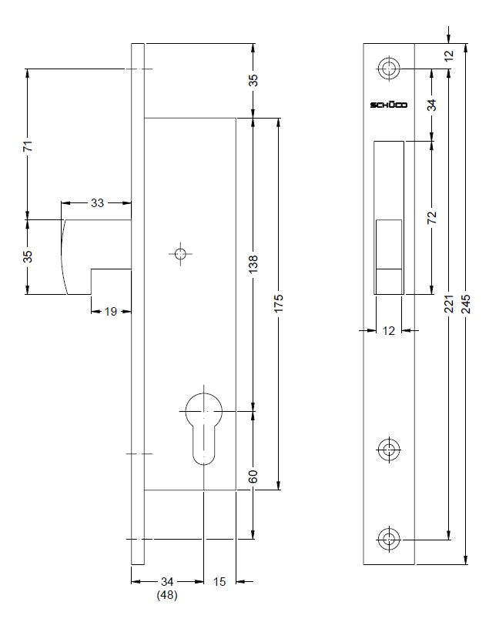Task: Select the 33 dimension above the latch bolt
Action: point(97,203)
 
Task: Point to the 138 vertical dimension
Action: point(253,263)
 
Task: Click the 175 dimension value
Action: point(279,303)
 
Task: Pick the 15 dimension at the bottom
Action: point(219,582)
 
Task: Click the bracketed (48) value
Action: point(166,595)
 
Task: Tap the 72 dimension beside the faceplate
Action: point(432,218)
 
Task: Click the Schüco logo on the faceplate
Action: point(389,105)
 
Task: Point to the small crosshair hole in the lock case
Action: point(180,254)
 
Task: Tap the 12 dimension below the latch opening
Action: point(388,331)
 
